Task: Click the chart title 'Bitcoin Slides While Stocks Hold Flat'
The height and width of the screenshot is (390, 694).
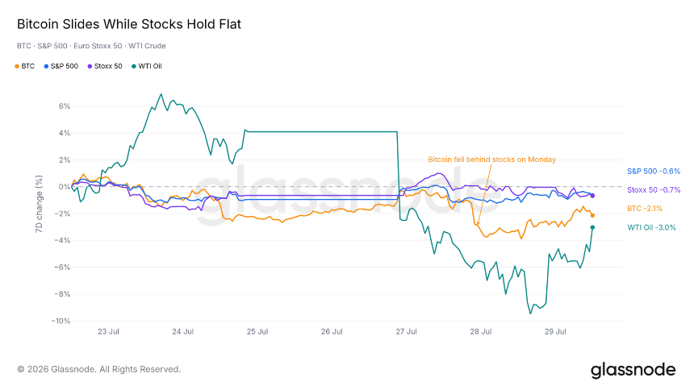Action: click(x=129, y=24)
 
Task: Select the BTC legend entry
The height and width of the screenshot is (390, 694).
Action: click(x=25, y=66)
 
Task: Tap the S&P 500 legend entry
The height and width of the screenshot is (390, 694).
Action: click(x=61, y=66)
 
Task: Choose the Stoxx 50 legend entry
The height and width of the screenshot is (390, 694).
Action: click(x=105, y=66)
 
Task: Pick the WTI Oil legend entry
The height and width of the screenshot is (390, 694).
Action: click(x=147, y=66)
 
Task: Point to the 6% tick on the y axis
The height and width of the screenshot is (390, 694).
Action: click(x=65, y=106)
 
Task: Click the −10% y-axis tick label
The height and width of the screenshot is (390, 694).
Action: click(x=61, y=321)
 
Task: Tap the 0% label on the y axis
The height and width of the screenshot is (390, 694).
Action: click(x=65, y=187)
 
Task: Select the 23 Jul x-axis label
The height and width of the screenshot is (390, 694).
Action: click(x=108, y=332)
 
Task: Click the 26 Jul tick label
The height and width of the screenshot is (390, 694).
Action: click(x=332, y=332)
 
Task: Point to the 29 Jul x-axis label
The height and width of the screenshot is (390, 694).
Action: click(x=555, y=332)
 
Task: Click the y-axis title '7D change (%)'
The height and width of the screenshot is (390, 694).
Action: click(x=39, y=204)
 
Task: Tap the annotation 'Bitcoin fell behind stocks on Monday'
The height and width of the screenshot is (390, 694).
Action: click(x=491, y=160)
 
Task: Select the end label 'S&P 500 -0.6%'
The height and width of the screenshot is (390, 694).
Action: click(x=654, y=172)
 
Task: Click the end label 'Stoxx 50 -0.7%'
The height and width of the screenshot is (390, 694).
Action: click(x=654, y=190)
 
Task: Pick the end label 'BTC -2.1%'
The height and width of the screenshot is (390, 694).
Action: click(x=645, y=209)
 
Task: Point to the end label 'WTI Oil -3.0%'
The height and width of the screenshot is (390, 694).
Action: click(x=651, y=228)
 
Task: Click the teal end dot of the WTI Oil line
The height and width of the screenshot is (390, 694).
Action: click(x=592, y=227)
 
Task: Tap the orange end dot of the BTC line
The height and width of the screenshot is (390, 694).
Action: click(x=592, y=215)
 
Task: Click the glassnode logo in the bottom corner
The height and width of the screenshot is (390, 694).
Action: click(x=633, y=370)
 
